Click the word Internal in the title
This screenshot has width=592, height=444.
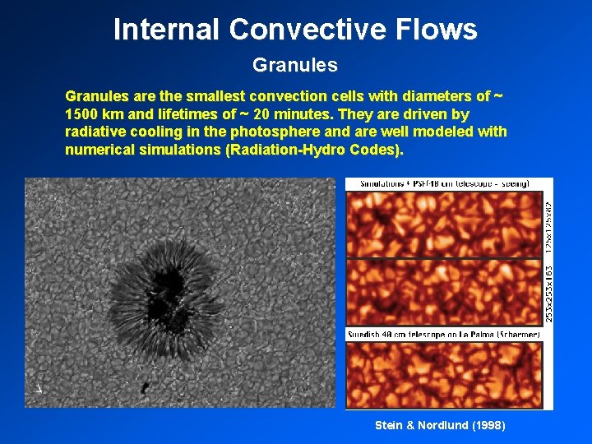click(x=167, y=30)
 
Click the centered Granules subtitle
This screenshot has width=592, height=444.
click(x=295, y=64)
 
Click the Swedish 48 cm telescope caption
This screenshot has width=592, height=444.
click(x=443, y=334)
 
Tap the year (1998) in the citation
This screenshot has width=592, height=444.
click(x=488, y=425)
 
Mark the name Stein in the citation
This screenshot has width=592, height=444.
click(x=390, y=425)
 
